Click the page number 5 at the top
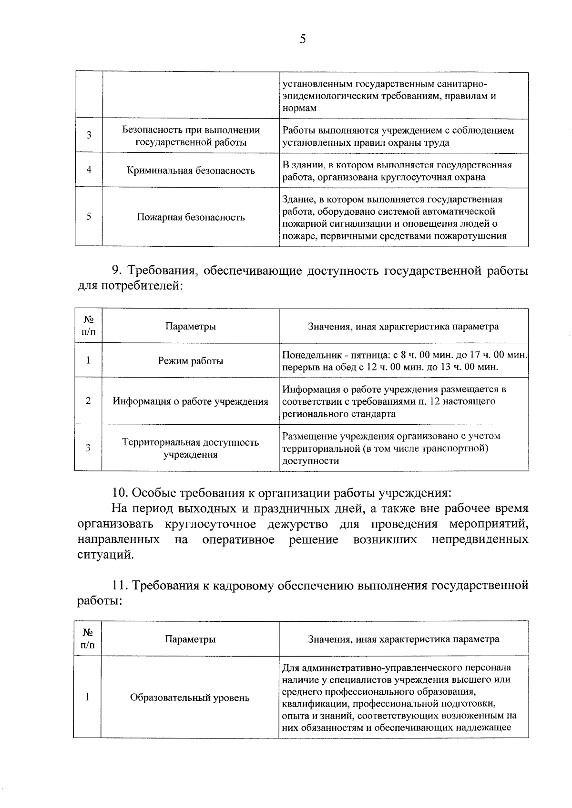[303, 39]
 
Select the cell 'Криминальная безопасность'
[191, 170]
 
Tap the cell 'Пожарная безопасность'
[191, 217]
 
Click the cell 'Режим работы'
[191, 361]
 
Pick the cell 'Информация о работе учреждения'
[191, 401]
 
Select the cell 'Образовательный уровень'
[190, 698]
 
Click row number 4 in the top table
[89, 170]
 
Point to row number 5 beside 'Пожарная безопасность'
[89, 216]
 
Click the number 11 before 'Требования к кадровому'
[119, 585]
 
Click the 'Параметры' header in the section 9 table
[191, 326]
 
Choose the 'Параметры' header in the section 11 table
[190, 639]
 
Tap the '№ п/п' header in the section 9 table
[88, 326]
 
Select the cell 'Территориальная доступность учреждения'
[191, 448]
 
